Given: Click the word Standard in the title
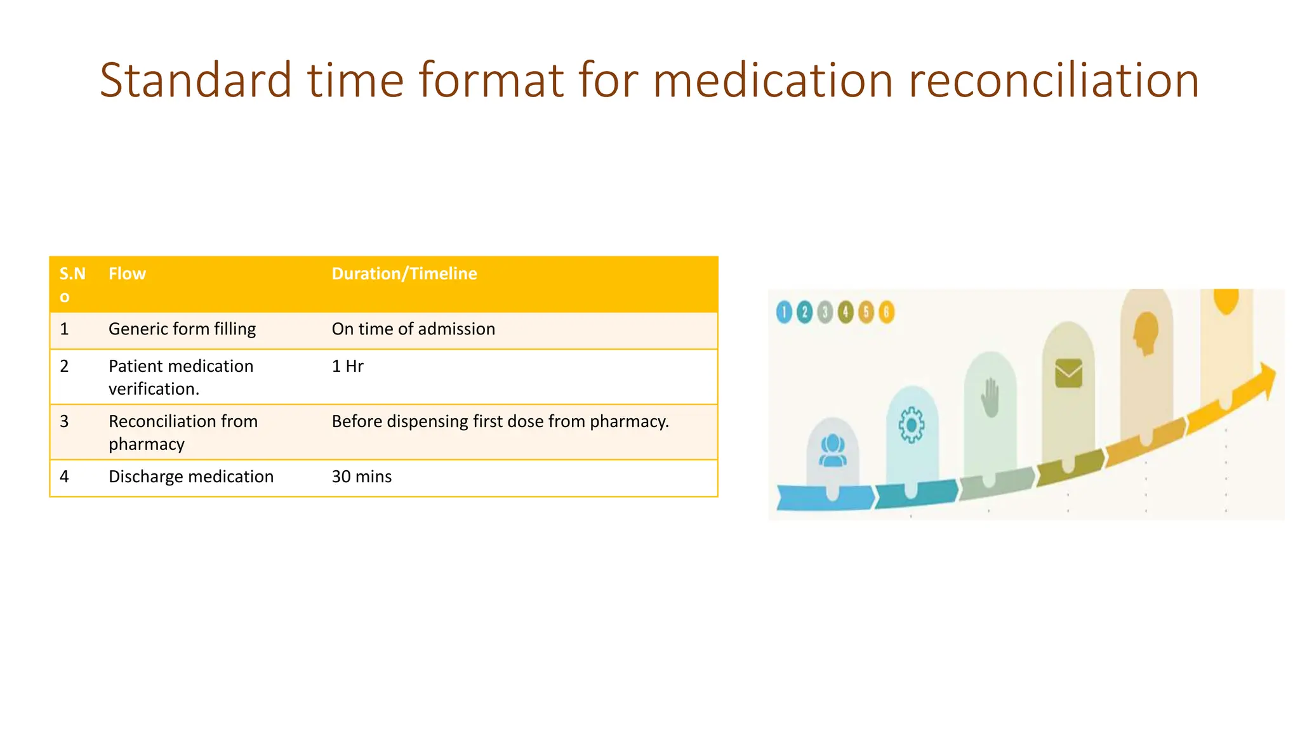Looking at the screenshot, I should click(196, 81).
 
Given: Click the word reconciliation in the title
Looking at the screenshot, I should click(1053, 81).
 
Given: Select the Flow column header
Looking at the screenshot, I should click(127, 273).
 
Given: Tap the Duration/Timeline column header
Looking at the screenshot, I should click(404, 273).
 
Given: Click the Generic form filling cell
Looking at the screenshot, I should click(182, 329).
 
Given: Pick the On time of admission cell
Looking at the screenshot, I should click(413, 329).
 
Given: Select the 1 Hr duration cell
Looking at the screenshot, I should click(347, 366).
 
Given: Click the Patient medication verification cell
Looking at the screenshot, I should click(181, 377).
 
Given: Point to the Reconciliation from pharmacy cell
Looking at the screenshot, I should click(183, 432).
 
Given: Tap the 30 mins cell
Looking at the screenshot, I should click(361, 477).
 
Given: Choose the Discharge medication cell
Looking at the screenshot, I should click(190, 477).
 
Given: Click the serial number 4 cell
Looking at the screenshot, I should click(64, 477).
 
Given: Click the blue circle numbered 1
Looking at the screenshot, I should click(784, 312).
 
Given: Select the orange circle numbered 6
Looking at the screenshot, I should click(886, 312).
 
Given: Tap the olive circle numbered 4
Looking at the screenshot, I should click(845, 312).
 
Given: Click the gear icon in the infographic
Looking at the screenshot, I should click(912, 425).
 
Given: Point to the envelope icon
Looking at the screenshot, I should click(1068, 373).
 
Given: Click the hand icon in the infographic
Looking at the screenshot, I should click(990, 398).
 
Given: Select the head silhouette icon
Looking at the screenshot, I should click(1146, 333).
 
